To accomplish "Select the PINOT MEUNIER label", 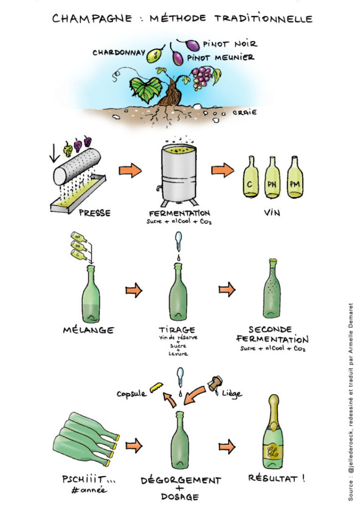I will [x=220, y=58].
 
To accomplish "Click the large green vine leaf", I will [x=146, y=88].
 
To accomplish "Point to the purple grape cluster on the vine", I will [x=201, y=77].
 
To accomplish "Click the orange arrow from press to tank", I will [x=130, y=171].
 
